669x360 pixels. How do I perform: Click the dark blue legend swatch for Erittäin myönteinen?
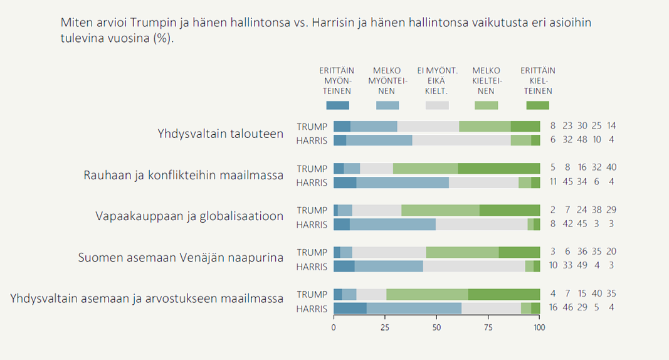point(337,105)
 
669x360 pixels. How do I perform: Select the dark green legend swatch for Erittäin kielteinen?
point(537,105)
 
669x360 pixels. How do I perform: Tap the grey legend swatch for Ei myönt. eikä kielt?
point(437,105)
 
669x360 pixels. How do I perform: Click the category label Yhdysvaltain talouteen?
point(220,134)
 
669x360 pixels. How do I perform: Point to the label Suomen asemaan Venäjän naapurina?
point(181,257)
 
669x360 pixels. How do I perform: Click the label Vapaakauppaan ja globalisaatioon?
point(189,216)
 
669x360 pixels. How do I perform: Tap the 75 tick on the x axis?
point(488,327)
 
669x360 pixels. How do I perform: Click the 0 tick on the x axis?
point(334,327)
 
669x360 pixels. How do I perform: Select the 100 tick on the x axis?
point(539,327)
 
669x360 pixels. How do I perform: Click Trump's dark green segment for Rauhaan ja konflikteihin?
point(498,168)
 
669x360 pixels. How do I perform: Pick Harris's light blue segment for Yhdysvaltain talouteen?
point(379,140)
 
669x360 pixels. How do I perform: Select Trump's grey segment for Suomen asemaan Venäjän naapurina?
point(389,252)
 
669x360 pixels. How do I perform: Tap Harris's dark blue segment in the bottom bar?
point(350,308)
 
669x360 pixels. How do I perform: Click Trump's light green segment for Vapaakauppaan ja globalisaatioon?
point(440,210)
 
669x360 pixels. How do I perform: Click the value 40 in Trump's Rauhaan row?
point(611,168)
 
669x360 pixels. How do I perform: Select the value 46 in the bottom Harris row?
point(567,307)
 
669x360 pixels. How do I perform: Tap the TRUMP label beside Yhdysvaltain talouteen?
point(312,126)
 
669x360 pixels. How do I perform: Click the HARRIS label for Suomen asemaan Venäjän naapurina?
point(312,267)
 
